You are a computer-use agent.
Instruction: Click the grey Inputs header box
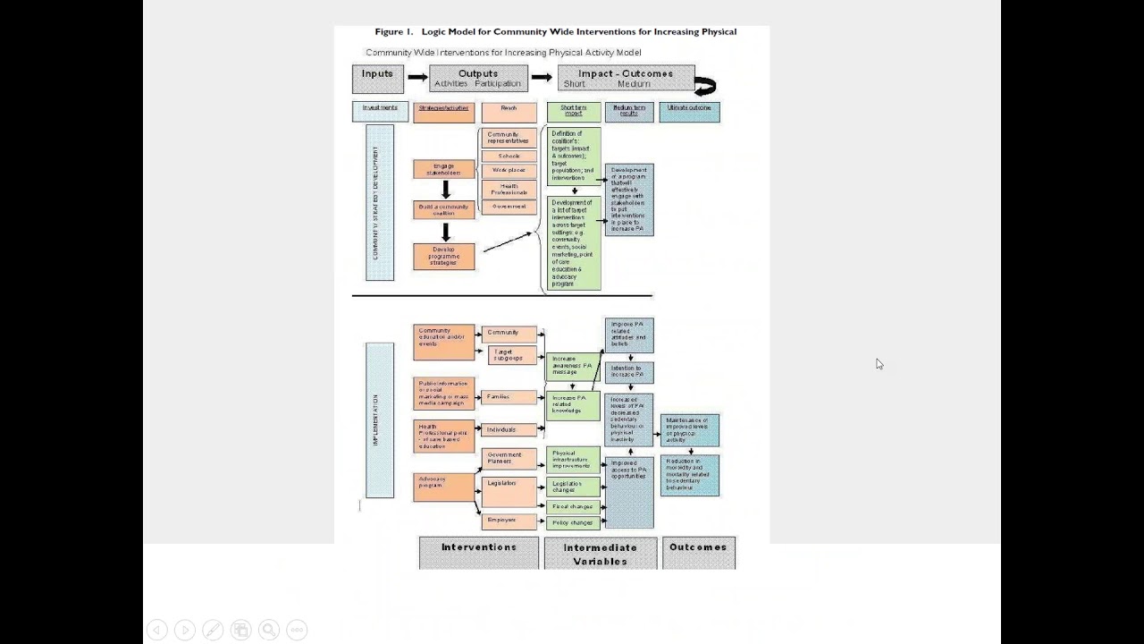[377, 79]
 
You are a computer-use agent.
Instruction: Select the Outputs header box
[478, 79]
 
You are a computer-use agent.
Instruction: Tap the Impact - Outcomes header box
[626, 79]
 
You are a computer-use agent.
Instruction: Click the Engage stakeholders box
[443, 169]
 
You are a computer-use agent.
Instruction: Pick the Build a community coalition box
[443, 209]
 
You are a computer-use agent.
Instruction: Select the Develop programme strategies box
[443, 256]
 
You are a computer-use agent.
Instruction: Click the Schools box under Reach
[509, 156]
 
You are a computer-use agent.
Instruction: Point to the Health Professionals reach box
[509, 189]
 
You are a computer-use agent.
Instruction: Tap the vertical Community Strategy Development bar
[379, 203]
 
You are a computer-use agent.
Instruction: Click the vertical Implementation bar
[379, 419]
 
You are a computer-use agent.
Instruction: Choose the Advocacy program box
[443, 487]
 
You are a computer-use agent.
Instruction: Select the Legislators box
[509, 491]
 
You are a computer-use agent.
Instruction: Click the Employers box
[509, 521]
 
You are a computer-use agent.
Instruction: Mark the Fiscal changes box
[573, 506]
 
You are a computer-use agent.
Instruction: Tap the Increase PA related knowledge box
[573, 405]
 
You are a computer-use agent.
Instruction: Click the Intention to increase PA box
[628, 372]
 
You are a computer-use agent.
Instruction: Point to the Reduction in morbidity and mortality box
[689, 476]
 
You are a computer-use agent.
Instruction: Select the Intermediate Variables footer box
[600, 554]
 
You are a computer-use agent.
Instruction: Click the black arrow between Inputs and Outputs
[416, 78]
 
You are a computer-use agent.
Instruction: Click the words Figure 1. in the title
[394, 32]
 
